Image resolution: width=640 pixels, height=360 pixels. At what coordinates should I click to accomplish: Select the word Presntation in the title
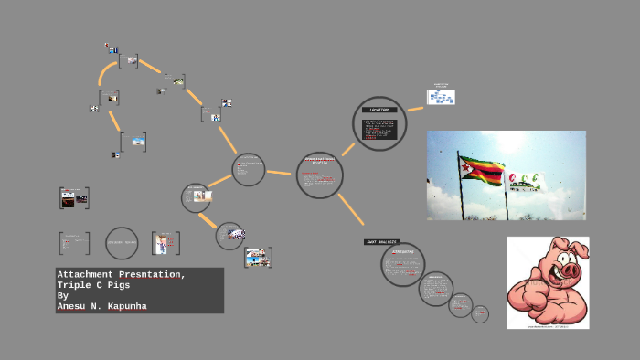pyautogui.click(x=152, y=275)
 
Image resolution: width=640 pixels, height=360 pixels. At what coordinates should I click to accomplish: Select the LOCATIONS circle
pyautogui.click(x=379, y=123)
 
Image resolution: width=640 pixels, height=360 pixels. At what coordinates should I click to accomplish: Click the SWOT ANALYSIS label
pyautogui.click(x=382, y=242)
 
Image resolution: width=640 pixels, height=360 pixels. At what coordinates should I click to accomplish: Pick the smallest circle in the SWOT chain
pyautogui.click(x=480, y=314)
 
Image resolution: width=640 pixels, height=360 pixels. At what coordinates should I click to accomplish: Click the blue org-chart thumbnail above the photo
pyautogui.click(x=441, y=97)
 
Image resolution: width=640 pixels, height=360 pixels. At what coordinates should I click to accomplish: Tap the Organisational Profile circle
pyautogui.click(x=320, y=175)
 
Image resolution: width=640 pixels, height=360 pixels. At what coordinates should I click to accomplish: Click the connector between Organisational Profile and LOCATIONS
pyautogui.click(x=347, y=150)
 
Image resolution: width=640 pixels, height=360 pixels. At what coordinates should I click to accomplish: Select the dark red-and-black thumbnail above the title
pyautogui.click(x=74, y=197)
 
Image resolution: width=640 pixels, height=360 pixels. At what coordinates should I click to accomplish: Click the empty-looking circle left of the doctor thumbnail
pyautogui.click(x=122, y=243)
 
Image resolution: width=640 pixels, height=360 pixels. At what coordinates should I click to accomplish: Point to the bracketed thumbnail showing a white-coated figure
pyautogui.click(x=165, y=243)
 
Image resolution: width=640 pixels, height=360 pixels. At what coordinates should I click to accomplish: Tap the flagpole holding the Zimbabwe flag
pyautogui.click(x=463, y=196)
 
